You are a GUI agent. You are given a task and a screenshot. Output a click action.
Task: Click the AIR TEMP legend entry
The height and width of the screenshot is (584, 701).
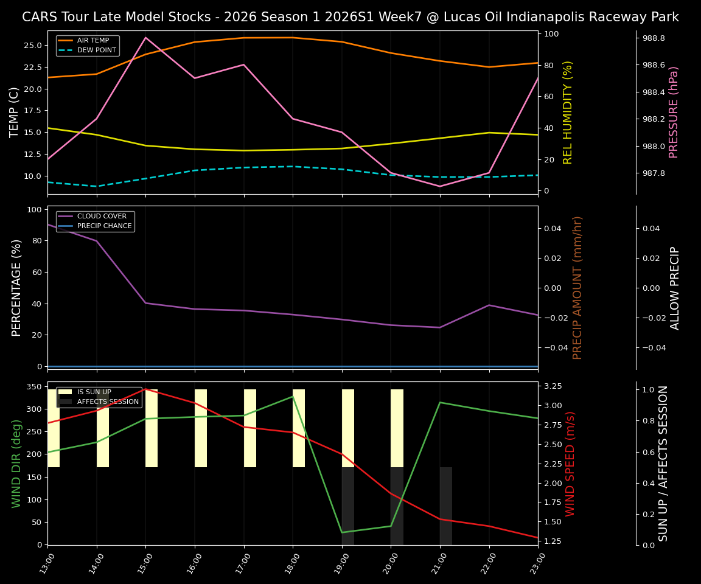(92, 41)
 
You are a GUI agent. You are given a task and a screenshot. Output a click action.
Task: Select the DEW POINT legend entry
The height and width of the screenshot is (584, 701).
(96, 50)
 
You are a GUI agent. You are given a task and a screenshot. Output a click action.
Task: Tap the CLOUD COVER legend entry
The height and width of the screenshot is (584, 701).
(102, 217)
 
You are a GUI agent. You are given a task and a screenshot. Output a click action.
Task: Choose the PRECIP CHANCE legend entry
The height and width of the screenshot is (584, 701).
(104, 226)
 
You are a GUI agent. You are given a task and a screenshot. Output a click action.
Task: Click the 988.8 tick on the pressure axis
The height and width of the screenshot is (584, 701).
(654, 38)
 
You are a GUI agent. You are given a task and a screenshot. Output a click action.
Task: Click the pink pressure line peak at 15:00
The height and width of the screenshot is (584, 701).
(145, 38)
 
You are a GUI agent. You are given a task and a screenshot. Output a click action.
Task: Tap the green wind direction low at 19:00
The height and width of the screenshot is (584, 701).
(342, 532)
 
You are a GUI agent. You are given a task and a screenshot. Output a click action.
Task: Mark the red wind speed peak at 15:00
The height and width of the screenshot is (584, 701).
(145, 389)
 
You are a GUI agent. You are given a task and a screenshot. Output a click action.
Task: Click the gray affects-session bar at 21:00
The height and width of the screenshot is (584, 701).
(446, 505)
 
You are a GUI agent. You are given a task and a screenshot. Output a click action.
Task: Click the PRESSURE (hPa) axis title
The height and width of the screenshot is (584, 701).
(674, 113)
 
